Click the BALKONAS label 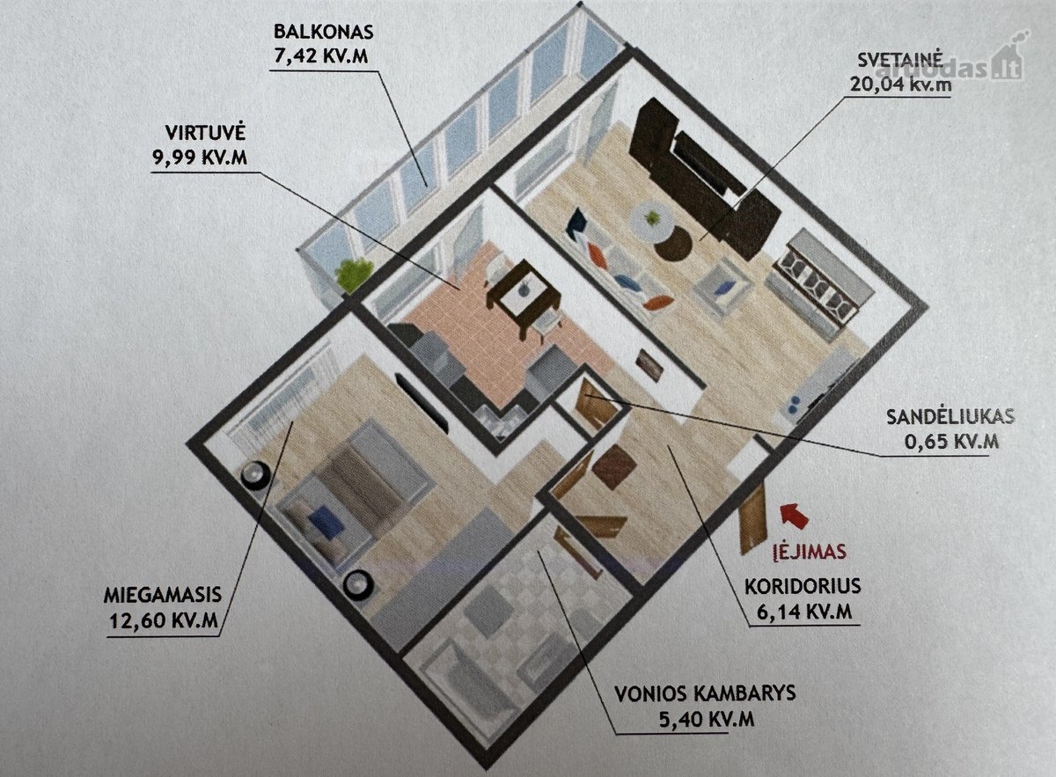click(x=324, y=33)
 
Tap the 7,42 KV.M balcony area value click(x=320, y=56)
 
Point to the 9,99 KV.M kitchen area click(x=200, y=158)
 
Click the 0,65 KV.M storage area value click(x=951, y=442)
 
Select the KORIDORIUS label click(x=803, y=586)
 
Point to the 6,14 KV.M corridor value click(x=803, y=612)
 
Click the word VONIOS click(x=655, y=693)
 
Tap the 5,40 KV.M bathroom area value click(x=706, y=720)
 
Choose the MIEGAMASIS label click(x=163, y=595)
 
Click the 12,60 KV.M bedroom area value click(x=164, y=620)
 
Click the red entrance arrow click(x=796, y=515)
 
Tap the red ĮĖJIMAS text click(x=809, y=551)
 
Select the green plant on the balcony click(x=354, y=275)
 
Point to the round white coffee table click(x=653, y=221)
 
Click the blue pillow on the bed click(x=326, y=521)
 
